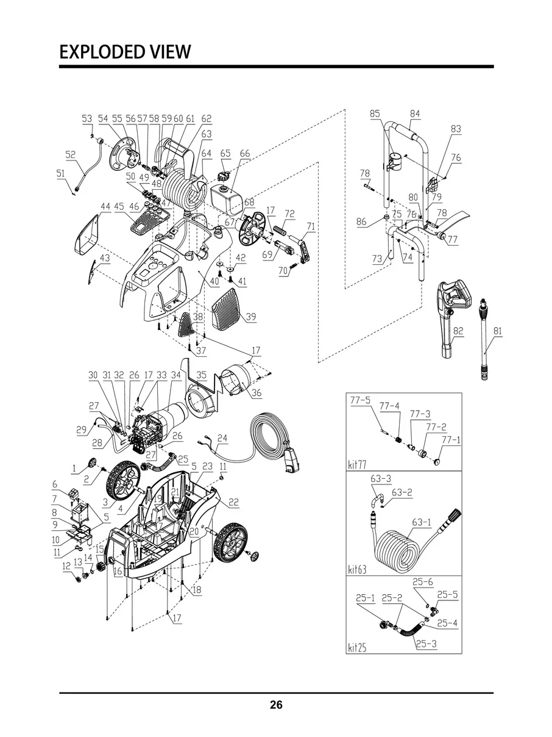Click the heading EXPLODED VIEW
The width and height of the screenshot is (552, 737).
[125, 52]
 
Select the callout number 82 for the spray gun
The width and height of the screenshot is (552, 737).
[458, 331]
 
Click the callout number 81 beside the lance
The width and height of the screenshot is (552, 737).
[498, 331]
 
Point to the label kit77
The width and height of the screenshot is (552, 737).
[357, 465]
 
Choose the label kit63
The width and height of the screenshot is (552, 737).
[357, 569]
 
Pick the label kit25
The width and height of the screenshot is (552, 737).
[357, 647]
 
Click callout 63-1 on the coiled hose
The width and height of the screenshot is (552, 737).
[421, 522]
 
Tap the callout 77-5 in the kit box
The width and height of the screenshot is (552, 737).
[360, 400]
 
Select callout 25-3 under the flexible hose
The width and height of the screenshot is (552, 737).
[426, 644]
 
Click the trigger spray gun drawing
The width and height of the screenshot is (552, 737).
[453, 319]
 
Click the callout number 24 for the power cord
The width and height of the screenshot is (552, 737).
[222, 438]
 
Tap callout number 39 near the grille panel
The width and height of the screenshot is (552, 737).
[250, 316]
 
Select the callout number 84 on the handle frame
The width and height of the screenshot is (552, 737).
[414, 113]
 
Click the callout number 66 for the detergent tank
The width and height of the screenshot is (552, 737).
[245, 154]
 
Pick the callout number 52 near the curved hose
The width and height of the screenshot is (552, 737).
[71, 154]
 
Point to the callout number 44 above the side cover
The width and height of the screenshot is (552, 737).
[105, 206]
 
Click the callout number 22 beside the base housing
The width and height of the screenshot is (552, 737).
[233, 502]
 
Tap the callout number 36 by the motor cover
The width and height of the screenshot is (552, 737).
[257, 392]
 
